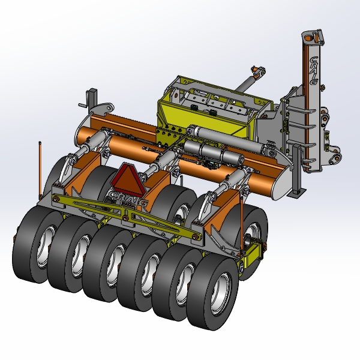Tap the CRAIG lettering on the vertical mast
[x=314, y=71]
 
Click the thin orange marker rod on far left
[x=40, y=170]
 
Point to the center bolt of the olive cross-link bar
[x=125, y=218]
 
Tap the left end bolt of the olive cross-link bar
[x=55, y=200]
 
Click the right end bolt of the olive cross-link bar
[x=195, y=237]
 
